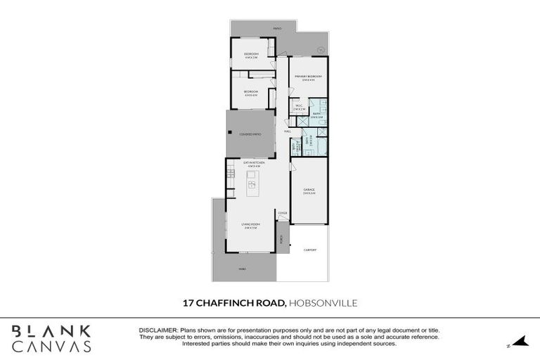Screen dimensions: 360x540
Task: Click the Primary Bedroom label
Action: [308, 77]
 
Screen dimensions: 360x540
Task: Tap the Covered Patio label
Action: [250, 134]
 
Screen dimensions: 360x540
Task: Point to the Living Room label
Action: [250, 226]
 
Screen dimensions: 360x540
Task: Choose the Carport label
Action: [309, 250]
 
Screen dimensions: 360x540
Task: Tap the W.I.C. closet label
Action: [299, 108]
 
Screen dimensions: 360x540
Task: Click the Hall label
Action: [288, 131]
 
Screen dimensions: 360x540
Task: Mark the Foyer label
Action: [282, 212]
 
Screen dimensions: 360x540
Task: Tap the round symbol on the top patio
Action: [321, 49]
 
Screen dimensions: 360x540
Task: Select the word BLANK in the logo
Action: [51, 331]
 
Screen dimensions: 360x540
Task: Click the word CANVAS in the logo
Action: [51, 346]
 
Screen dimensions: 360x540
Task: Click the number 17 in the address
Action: [188, 303]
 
